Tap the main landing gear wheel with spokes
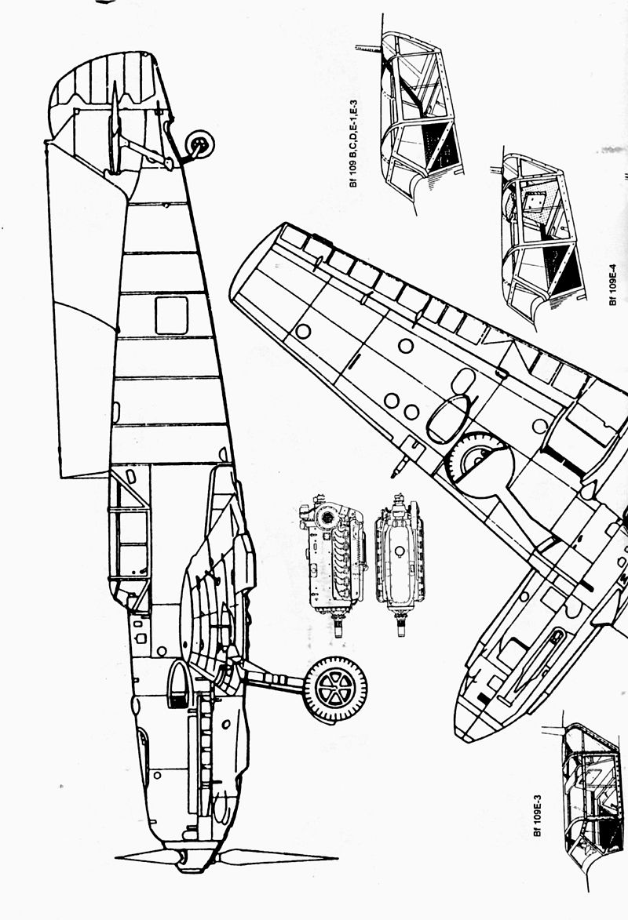point(335,689)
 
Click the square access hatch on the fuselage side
point(171,315)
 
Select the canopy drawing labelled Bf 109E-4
point(542,235)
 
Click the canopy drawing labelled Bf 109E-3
point(589,792)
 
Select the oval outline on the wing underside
point(448,417)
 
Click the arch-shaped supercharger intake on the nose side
point(179,682)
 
